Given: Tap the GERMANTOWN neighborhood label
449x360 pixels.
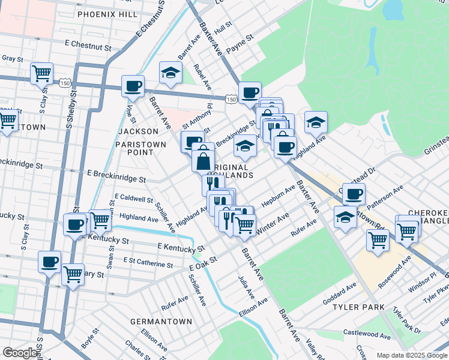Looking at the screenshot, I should [161, 322].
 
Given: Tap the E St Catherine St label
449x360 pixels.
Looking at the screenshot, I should [148, 262].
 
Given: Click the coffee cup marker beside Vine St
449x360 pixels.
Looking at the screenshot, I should [133, 86].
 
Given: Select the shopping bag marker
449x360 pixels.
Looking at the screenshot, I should [203, 161].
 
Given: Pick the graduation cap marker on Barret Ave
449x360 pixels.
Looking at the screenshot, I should [171, 73].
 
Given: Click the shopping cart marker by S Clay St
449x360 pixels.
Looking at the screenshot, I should [42, 73].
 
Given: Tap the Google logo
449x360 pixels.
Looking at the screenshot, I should [20, 353].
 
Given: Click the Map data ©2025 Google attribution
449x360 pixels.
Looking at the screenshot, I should [412, 355].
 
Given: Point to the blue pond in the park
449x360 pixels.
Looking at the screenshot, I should [393, 8].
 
